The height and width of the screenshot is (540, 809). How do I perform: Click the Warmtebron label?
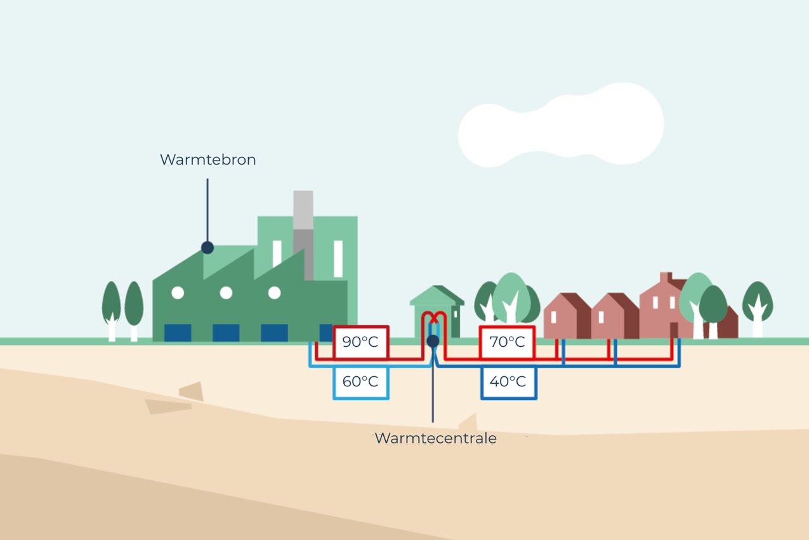[x=207, y=159]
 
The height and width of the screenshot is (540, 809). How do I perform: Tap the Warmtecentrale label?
[x=435, y=438]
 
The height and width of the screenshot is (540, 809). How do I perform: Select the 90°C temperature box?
[x=360, y=342]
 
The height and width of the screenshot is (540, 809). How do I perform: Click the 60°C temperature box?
[x=360, y=382]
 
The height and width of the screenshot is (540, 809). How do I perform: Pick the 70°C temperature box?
[x=507, y=342]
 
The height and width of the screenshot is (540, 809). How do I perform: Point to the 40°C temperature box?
[x=508, y=382]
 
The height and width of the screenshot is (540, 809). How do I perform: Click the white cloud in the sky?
[x=562, y=125]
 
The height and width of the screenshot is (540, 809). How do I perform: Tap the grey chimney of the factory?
[x=303, y=235]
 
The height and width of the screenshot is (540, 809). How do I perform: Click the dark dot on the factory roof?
[x=207, y=248]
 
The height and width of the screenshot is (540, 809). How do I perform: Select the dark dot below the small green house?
[x=433, y=341]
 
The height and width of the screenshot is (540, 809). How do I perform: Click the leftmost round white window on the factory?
[x=178, y=293]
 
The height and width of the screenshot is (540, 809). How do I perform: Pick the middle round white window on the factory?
[x=226, y=293]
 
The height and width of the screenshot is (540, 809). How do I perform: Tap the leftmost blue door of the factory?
[x=178, y=333]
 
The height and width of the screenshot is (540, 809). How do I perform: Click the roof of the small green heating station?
[x=436, y=295]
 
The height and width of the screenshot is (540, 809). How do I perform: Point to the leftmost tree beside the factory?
[x=112, y=308]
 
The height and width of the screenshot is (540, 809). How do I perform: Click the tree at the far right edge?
[x=758, y=305]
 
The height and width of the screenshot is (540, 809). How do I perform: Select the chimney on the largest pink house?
[x=665, y=278]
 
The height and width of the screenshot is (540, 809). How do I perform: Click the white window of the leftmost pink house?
[x=553, y=317]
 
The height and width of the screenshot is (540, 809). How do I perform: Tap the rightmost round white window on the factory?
[x=274, y=293]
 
